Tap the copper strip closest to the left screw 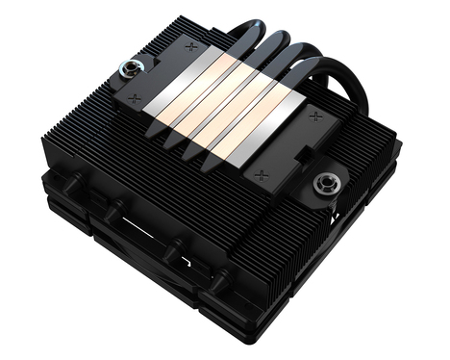pyautogui.click(x=197, y=91)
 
